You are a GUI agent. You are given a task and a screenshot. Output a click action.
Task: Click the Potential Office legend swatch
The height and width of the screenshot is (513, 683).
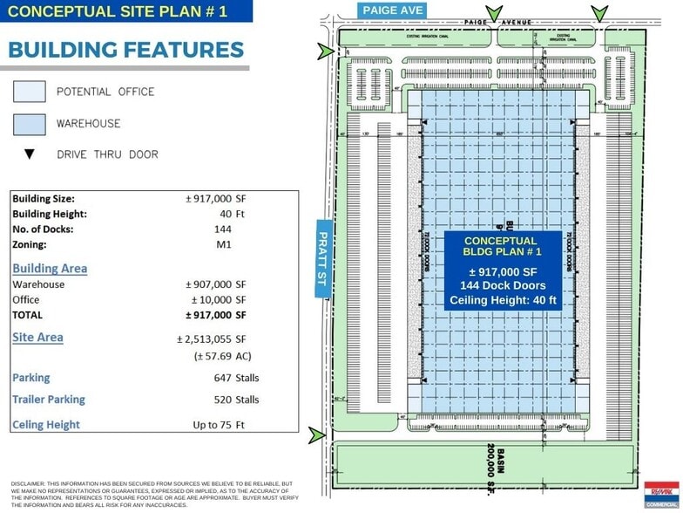click(29, 92)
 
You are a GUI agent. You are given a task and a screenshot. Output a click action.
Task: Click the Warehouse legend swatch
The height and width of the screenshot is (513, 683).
click(29, 123)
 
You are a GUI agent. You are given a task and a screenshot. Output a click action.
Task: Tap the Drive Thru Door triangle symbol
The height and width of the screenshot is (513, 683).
click(29, 154)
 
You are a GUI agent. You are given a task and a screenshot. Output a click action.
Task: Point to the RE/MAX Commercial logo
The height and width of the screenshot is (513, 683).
click(661, 494)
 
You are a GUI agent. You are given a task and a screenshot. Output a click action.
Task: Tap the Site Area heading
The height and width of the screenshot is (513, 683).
click(37, 337)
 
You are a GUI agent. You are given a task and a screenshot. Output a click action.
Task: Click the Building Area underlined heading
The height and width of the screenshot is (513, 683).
click(50, 268)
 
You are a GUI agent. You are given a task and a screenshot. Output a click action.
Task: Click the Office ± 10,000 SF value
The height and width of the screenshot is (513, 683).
click(216, 300)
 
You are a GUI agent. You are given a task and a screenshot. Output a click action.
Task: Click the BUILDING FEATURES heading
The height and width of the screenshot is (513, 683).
click(126, 50)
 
